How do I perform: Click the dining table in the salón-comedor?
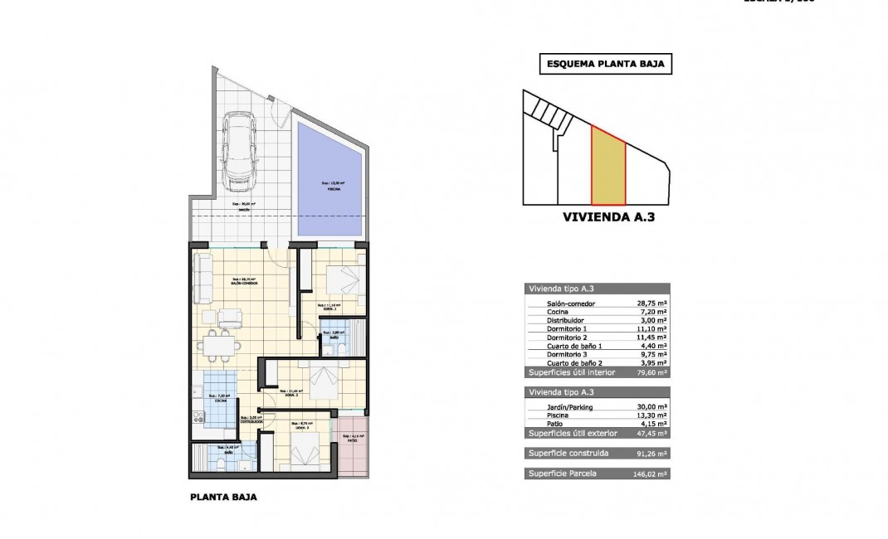pos(219,342)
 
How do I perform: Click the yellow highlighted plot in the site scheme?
pos(608,168)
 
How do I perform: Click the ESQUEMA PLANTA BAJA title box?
pos(605,64)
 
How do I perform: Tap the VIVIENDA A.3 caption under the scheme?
pos(605,221)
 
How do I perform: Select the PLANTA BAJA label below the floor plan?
pos(223,498)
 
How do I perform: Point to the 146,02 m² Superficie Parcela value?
pos(651,473)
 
